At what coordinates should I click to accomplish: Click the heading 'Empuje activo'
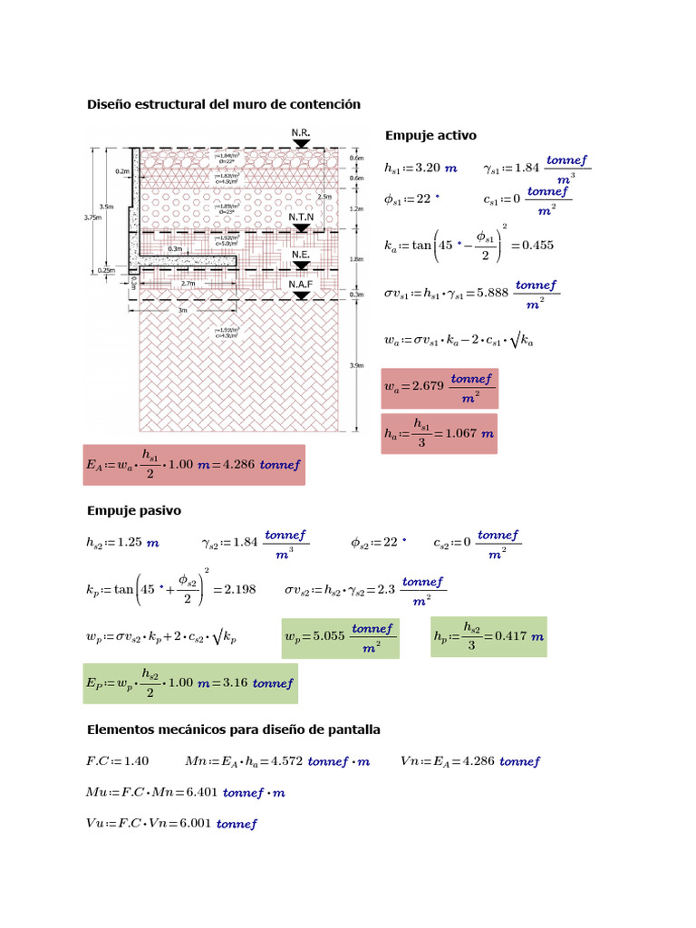tap(430, 136)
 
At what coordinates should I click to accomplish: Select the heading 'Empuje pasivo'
tap(133, 511)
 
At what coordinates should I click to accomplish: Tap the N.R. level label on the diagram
tap(301, 133)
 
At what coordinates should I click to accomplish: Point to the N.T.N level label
tap(301, 218)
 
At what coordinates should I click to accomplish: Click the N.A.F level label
tap(301, 285)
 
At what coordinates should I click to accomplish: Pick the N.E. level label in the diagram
tap(301, 256)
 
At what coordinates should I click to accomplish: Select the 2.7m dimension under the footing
tap(188, 284)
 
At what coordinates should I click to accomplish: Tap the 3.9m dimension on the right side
tap(357, 365)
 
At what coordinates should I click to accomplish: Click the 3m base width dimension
tap(182, 310)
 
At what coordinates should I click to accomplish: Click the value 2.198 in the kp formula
tap(239, 589)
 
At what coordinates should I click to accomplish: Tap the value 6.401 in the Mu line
tap(199, 793)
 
